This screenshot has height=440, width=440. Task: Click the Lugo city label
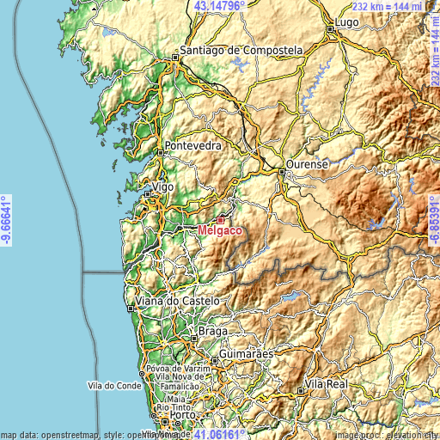pyautogui.click(x=347, y=21)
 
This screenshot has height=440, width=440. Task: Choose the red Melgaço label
pyautogui.click(x=219, y=231)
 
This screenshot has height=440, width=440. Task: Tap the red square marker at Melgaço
pyautogui.click(x=220, y=220)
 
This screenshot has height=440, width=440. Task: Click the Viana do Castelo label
pyautogui.click(x=178, y=302)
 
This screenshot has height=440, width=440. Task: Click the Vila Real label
pyautogui.click(x=327, y=383)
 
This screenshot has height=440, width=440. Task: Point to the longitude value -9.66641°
pyautogui.click(x=6, y=220)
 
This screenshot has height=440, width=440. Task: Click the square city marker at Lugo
pyautogui.click(x=330, y=29)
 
